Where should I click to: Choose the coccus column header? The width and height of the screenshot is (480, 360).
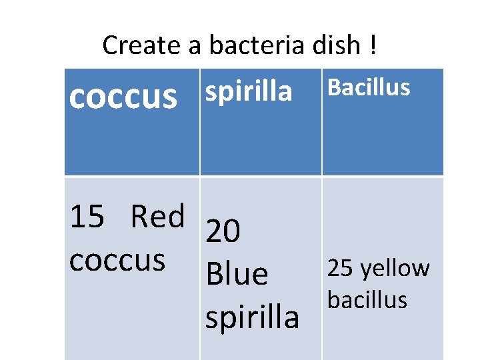pos(123,96)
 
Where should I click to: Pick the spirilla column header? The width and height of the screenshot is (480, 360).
pos(249,92)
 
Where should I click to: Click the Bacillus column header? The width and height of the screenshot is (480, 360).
pos(369,87)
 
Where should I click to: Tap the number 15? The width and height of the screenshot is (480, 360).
pos(87,217)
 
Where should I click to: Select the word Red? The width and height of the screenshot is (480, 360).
pos(157,217)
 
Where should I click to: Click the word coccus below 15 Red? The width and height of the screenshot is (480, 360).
pos(117,261)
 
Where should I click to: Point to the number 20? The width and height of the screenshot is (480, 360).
pos(223,232)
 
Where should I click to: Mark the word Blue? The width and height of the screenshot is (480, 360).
pos(237,274)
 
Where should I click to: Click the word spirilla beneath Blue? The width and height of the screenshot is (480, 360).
pos(252,317)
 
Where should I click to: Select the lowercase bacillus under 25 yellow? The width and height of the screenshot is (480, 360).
pos(367,300)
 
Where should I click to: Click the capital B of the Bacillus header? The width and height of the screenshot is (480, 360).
pos(335,87)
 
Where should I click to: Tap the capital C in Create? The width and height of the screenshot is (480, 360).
pos(111,45)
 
